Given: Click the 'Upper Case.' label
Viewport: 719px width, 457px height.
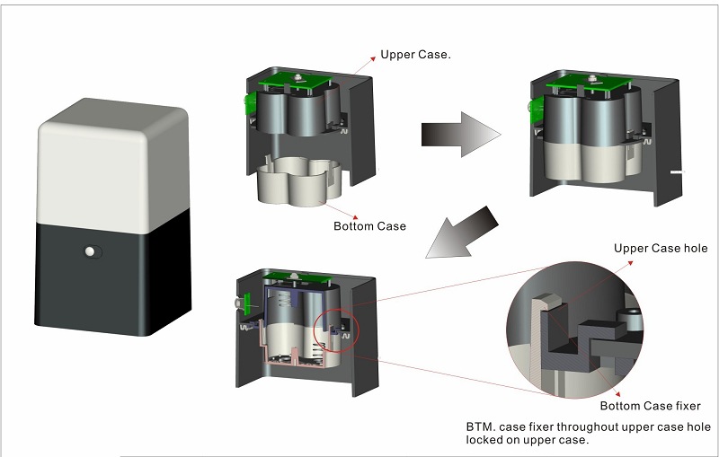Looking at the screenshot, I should click(x=415, y=55).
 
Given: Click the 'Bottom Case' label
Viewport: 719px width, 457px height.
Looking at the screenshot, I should click(x=369, y=226).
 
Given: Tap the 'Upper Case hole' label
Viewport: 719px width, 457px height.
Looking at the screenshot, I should click(x=661, y=249).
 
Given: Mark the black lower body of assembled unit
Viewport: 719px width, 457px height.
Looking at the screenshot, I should click(x=112, y=269).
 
